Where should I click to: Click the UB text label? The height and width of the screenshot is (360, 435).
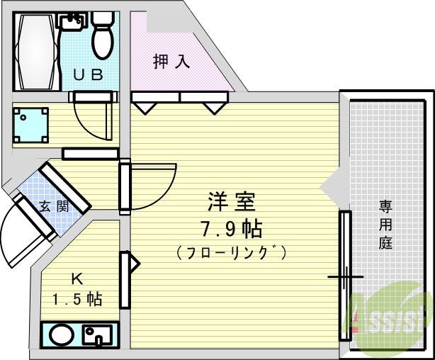[x=89, y=74]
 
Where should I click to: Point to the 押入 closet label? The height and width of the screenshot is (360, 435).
[x=171, y=62]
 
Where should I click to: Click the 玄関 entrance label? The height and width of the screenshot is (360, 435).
[x=53, y=207]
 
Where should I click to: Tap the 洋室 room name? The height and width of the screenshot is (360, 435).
[x=232, y=203]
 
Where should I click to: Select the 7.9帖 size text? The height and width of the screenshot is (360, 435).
[x=232, y=229]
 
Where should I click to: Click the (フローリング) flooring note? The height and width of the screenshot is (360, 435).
[x=232, y=252]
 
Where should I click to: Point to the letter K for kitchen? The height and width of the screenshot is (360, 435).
[x=76, y=278]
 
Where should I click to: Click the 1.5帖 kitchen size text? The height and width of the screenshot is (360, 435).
[x=76, y=299]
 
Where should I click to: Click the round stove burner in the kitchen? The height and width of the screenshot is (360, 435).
[x=58, y=334]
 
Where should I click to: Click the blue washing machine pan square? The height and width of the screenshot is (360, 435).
[x=31, y=125]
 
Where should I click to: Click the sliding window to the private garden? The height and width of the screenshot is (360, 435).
[x=345, y=276]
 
